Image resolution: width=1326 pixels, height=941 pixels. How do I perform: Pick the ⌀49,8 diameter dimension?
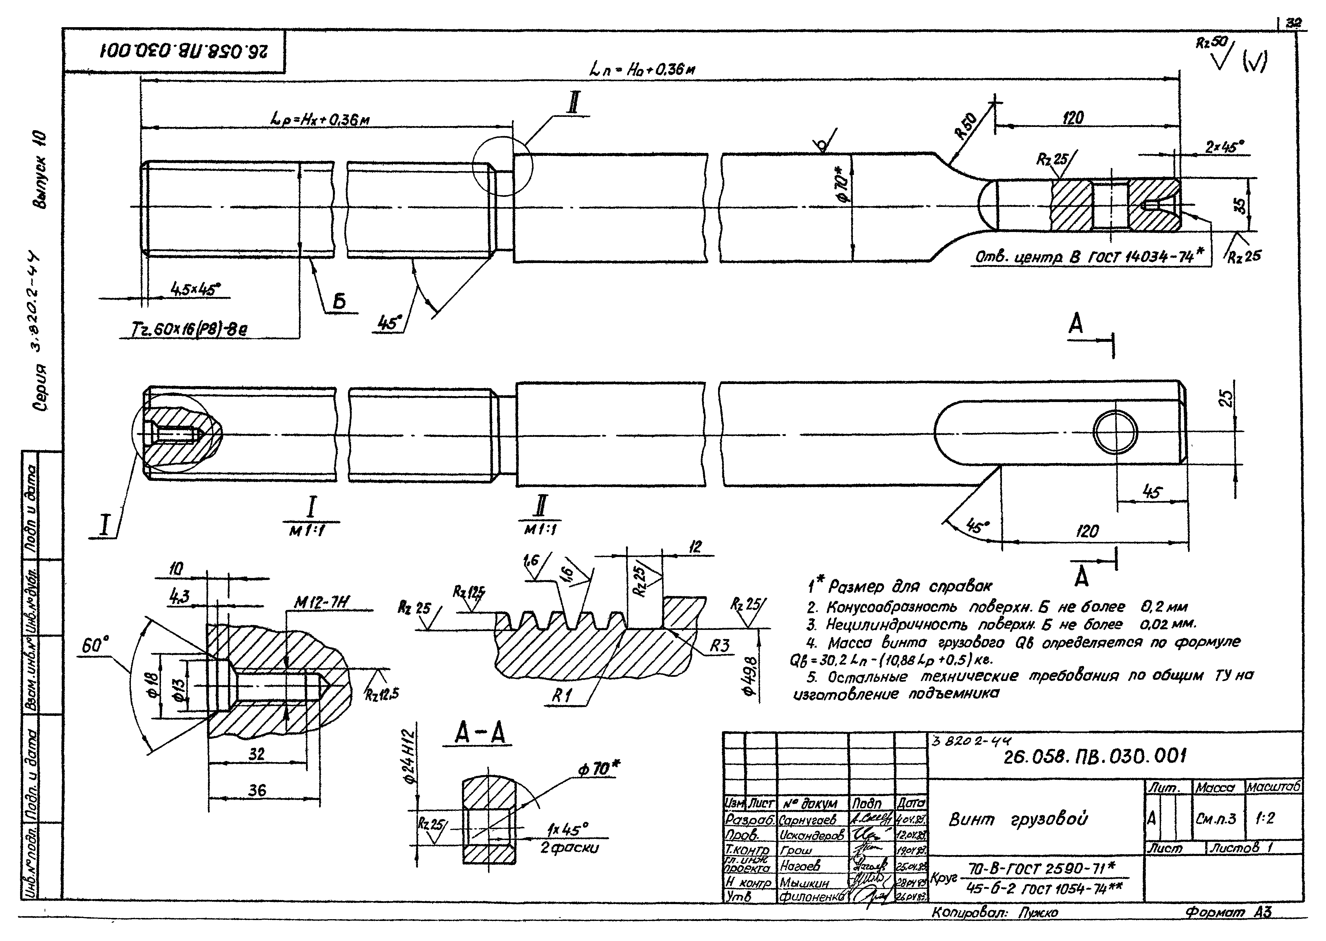(x=751, y=667)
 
